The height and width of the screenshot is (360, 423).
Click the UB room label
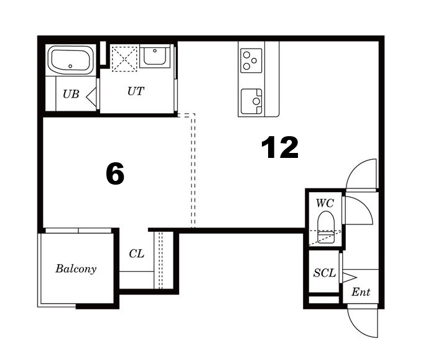coord(71,94)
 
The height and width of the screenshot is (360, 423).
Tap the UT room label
coord(136,91)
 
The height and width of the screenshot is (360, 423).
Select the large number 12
coord(280,147)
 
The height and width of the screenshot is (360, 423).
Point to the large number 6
coord(115,173)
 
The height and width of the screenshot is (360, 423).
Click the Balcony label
coord(76,269)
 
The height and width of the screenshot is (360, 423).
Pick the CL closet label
coord(136,254)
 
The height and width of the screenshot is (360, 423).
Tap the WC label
coord(325,203)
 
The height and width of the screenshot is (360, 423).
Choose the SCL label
coord(325,273)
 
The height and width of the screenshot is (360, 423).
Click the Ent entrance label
coord(361,292)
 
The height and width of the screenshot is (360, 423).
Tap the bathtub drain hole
coord(70,66)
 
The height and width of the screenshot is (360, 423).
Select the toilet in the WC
coord(326,227)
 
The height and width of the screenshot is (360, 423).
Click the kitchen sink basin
coord(251,101)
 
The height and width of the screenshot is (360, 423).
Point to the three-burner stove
coord(251,60)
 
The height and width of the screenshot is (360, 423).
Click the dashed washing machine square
coord(124,59)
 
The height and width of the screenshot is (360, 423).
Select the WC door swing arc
coord(366,206)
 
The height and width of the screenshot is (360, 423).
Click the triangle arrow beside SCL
coord(350,277)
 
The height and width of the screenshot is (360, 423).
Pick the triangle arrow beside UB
coord(91,96)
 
